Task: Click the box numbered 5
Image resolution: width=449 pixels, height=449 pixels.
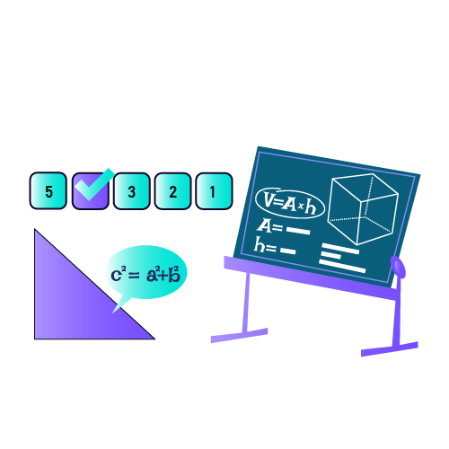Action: (48, 190)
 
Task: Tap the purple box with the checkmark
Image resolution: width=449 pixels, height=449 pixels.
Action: (90, 191)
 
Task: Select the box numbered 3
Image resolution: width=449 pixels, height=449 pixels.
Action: (131, 191)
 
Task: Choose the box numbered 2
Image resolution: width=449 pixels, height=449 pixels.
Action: (172, 191)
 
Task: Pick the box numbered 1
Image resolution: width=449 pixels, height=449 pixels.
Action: (214, 191)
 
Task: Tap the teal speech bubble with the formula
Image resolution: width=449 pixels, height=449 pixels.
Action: (146, 272)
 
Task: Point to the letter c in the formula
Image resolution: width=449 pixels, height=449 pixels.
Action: (116, 276)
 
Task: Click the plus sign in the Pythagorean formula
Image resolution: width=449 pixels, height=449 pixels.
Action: (163, 276)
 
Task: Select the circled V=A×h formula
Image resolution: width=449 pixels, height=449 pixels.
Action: (290, 204)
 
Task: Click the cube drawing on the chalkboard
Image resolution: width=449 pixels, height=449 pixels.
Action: (363, 209)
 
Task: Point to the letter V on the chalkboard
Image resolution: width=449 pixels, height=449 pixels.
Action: (269, 198)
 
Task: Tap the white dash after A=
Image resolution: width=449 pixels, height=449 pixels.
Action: (298, 231)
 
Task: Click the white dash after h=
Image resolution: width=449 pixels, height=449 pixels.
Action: (288, 251)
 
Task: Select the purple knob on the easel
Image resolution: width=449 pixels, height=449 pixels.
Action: (398, 267)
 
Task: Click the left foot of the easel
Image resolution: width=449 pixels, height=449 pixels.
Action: (239, 336)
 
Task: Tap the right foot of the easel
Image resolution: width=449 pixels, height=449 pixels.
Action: (390, 349)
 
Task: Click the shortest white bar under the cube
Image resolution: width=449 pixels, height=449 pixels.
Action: (331, 255)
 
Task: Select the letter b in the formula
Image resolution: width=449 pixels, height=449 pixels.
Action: (173, 275)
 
